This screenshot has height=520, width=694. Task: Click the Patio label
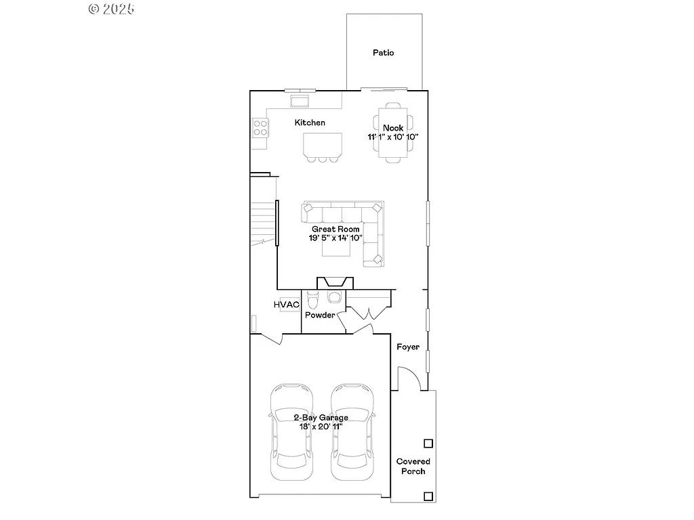[383, 53]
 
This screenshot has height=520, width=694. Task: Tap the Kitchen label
[310, 123]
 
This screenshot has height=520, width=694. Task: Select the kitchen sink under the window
[299, 102]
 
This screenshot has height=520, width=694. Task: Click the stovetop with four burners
[260, 128]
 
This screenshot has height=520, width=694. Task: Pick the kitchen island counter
[322, 144]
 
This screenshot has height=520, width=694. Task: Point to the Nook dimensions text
[393, 137]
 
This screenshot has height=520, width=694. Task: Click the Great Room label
[335, 230]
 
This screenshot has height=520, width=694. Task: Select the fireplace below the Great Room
[335, 282]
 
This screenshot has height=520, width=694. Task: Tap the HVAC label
[287, 305]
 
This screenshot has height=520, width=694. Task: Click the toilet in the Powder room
[312, 299]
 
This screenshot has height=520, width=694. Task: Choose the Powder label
[319, 315]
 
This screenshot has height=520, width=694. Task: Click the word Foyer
[408, 347]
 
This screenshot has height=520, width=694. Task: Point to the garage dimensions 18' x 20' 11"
[321, 427]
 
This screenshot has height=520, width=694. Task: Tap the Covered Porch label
[413, 466]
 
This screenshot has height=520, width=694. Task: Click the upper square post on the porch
[428, 443]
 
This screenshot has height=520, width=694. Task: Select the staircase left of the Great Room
[264, 223]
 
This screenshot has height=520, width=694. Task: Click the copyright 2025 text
[112, 9]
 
